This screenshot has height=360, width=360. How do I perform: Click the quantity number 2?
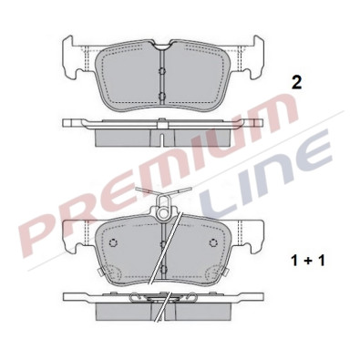tap(294, 83)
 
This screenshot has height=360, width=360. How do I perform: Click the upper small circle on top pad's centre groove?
tap(159, 74)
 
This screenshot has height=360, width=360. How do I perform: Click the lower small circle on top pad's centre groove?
tap(159, 96)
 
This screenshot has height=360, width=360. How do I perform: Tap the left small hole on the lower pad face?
tap(114, 243)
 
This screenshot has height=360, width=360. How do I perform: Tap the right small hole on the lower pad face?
tap(212, 243)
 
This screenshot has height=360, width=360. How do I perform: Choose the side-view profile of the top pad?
tap(159, 129)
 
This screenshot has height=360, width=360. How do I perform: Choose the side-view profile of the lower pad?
tap(159, 303)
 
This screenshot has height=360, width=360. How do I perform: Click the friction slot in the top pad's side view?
tap(160, 135)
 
